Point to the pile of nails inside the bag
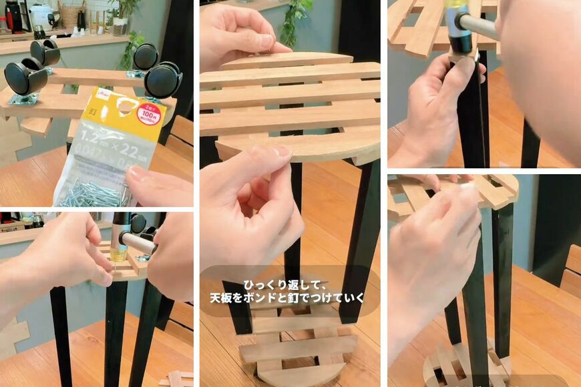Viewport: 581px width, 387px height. [93, 193]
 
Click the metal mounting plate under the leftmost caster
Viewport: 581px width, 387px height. [25, 99]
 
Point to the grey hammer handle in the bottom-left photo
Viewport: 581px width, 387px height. [137, 243]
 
